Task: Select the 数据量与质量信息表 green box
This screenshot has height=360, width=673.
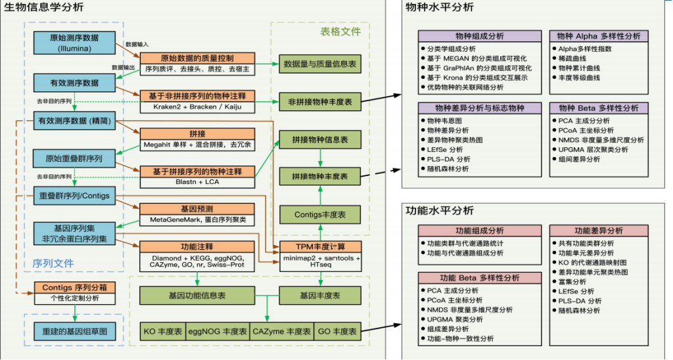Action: click(x=320, y=64)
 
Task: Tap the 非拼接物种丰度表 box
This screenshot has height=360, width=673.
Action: click(x=320, y=102)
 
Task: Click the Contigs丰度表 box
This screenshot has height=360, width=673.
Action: click(x=320, y=214)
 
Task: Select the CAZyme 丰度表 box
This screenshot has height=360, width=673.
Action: click(x=281, y=332)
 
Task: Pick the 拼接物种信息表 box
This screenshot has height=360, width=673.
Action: click(x=320, y=139)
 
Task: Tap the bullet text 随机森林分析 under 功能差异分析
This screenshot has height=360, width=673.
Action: click(x=579, y=311)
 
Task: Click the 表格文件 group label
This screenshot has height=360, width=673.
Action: click(x=340, y=32)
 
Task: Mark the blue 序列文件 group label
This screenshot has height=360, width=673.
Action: click(x=54, y=263)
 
